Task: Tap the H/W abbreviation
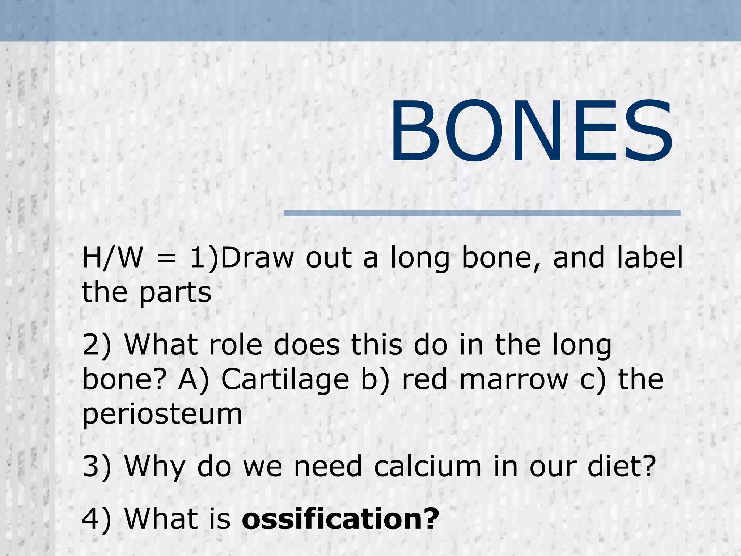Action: (x=112, y=258)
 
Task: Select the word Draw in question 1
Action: (x=257, y=258)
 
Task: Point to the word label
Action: (x=650, y=258)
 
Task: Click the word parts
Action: (x=175, y=293)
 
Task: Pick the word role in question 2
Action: (x=235, y=345)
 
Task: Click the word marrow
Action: (x=514, y=380)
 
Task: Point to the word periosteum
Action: (x=162, y=414)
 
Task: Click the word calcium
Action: (x=428, y=466)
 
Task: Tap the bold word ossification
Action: (x=340, y=518)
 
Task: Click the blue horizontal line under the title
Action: (x=482, y=213)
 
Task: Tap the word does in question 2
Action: (x=307, y=345)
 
